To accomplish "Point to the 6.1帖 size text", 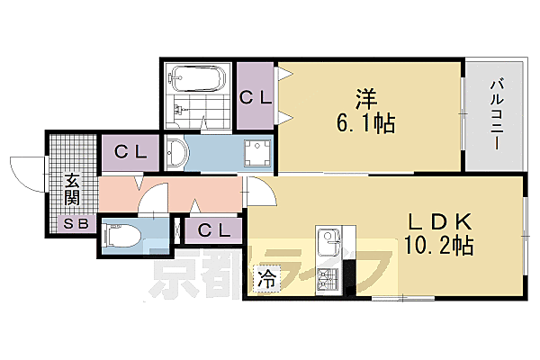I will coord(366,123).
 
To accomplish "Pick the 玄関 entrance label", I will coord(72,188).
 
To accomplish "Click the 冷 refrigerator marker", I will coord(267,279).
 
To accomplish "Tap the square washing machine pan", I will coord(259,154).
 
